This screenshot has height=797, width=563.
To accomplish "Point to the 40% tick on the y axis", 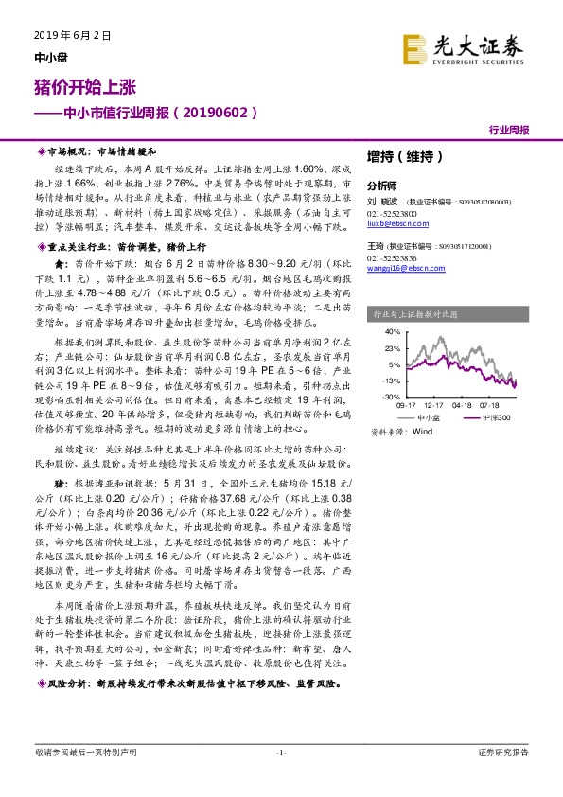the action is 393,333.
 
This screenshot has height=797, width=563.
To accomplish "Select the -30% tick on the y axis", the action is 392,398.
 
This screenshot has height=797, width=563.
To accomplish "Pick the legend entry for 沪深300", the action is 495,416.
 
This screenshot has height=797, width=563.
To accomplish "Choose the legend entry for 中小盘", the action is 428,416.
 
